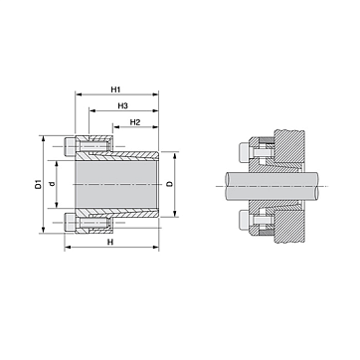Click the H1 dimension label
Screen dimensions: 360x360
(115, 90)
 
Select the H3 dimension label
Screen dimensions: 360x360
(122, 105)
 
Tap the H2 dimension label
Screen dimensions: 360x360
(135, 122)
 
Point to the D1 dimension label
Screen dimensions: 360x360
(39, 184)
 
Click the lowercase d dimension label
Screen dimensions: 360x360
(52, 184)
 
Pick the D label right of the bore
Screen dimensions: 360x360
(170, 184)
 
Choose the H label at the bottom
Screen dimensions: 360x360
(110, 243)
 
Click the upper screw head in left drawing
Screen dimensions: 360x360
(69, 146)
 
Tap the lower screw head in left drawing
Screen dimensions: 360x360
(69, 222)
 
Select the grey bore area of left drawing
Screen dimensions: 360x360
(116, 184)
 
